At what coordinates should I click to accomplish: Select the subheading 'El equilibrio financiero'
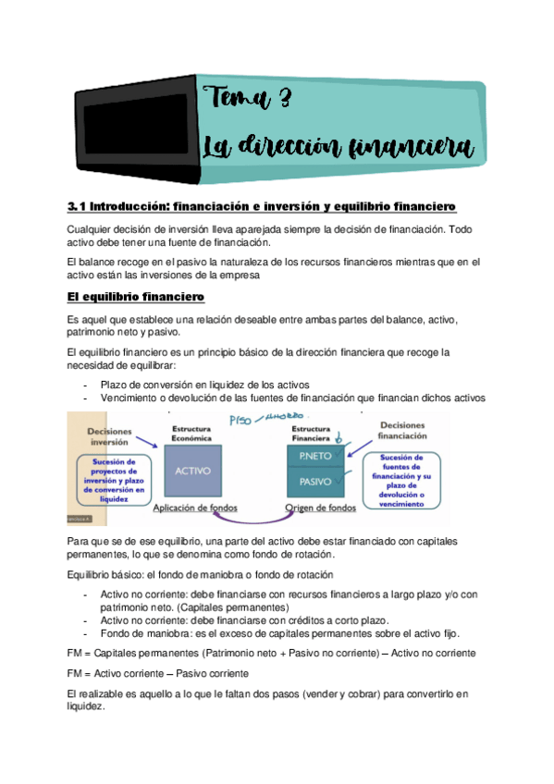(136, 297)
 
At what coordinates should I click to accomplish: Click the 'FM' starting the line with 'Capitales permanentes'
(78, 653)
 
